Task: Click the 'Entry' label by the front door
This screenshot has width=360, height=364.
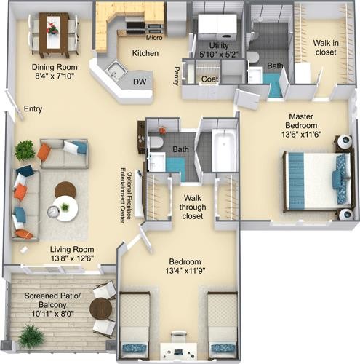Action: point(33,108)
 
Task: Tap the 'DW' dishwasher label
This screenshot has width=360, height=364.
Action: point(140,82)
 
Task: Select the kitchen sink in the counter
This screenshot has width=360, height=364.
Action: point(117,71)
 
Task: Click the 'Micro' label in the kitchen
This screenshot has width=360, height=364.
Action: point(154,38)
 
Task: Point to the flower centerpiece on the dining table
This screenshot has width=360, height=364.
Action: point(52,28)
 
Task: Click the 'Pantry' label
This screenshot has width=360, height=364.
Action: point(177,76)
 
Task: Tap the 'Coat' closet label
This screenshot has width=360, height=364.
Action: point(209,79)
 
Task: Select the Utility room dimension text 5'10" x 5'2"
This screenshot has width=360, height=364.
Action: point(219,54)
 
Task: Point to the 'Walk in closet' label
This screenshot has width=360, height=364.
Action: point(326,47)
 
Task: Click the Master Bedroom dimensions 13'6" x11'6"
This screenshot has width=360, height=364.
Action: point(301,135)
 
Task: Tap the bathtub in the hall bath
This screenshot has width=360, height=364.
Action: point(225,151)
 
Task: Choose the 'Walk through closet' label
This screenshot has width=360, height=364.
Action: point(193,207)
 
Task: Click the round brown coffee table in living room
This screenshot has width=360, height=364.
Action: point(65,190)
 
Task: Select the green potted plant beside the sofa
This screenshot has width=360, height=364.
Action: point(25,150)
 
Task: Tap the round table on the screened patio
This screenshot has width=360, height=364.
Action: point(101,309)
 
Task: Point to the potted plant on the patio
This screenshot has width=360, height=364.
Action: point(31,336)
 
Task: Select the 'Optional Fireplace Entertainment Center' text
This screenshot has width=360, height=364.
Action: point(127,195)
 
